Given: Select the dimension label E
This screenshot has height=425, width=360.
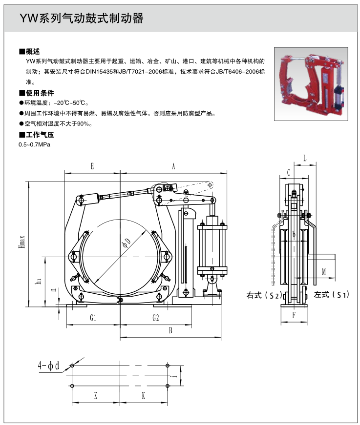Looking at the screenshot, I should coord(92,166).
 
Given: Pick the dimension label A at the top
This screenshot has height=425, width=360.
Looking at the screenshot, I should coord(173,166).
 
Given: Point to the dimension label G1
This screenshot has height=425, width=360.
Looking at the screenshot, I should coord(93,318).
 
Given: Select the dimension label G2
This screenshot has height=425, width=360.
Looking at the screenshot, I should coord(155,318).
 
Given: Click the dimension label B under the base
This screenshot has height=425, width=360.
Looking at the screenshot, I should coord(170,330).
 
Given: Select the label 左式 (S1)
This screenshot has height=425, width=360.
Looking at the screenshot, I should coord(332,295).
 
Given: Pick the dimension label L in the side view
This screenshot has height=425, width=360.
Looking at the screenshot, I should coord(304,158).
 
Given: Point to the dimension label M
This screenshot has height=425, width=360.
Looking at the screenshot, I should coord(323,272).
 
